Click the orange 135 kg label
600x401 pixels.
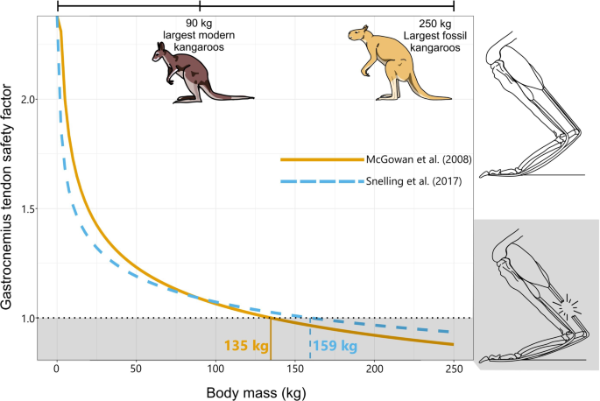[245, 346]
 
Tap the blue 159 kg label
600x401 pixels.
[335, 346]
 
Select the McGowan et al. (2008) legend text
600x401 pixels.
[415, 160]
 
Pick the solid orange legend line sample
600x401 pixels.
[321, 160]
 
